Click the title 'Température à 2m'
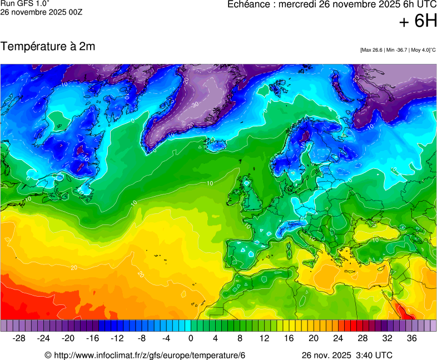click(x=48, y=47)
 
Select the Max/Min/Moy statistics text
click(x=398, y=50)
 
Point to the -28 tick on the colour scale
click(x=19, y=338)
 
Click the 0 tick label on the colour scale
click(x=191, y=338)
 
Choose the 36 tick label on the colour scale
click(x=411, y=338)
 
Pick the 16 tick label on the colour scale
click(x=289, y=338)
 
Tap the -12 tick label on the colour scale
click(x=117, y=338)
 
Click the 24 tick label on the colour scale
click(x=338, y=338)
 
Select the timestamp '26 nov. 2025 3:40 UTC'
click(x=347, y=355)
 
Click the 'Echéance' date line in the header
click(x=332, y=4)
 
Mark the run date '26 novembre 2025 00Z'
click(x=41, y=12)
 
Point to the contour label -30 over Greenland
click(x=195, y=104)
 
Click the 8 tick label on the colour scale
click(x=240, y=338)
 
